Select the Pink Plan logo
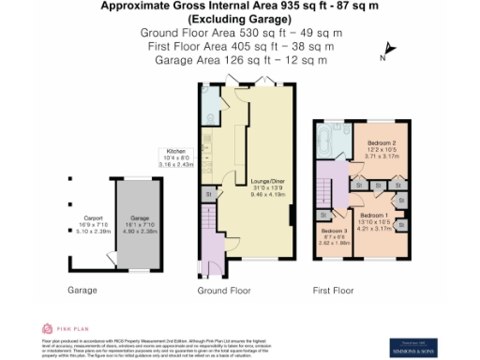click(x=60, y=328)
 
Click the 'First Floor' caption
click(x=334, y=291)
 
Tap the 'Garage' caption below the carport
click(x=82, y=291)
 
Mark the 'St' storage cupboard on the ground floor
click(x=208, y=194)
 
